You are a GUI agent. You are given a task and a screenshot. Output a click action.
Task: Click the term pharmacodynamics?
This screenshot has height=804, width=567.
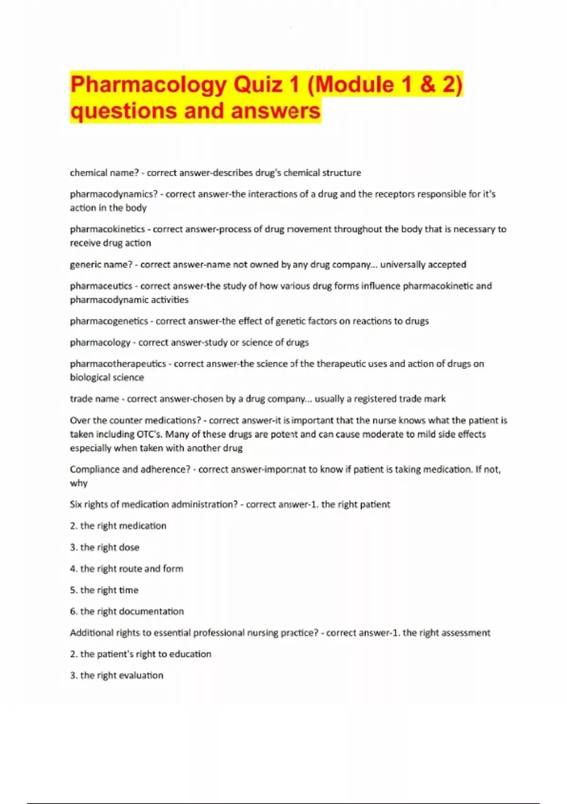(x=114, y=194)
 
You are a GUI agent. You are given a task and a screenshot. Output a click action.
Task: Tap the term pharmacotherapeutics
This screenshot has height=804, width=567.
(x=118, y=364)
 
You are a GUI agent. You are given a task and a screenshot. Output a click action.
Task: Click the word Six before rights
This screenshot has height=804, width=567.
(x=76, y=504)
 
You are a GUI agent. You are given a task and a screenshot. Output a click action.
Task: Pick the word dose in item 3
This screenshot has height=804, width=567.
(x=129, y=547)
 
